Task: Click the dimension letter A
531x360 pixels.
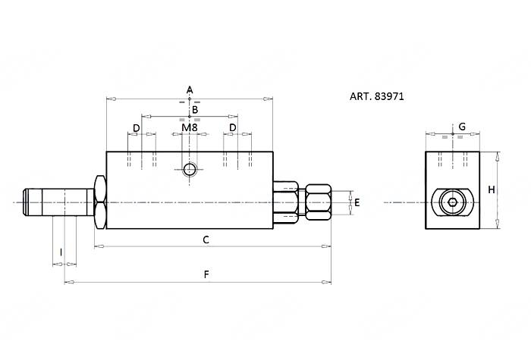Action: pyautogui.click(x=190, y=90)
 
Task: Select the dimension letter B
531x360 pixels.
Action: pyautogui.click(x=194, y=110)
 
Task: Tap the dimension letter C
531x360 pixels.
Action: pyautogui.click(x=205, y=239)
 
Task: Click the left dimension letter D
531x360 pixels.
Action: pyautogui.click(x=137, y=128)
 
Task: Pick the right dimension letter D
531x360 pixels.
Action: pyautogui.click(x=233, y=128)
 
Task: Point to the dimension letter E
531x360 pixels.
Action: pyautogui.click(x=357, y=202)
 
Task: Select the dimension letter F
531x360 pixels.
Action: pyautogui.click(x=206, y=274)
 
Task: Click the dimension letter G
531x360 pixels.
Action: pyautogui.click(x=461, y=126)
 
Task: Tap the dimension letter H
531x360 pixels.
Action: pyautogui.click(x=491, y=189)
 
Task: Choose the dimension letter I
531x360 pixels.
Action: pyautogui.click(x=61, y=252)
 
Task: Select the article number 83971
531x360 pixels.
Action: pyautogui.click(x=392, y=97)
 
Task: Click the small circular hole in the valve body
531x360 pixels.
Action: pyautogui.click(x=190, y=168)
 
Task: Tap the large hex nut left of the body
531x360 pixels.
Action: pyautogui.click(x=99, y=202)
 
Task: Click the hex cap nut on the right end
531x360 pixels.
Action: pyautogui.click(x=317, y=202)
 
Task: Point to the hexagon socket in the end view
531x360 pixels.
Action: pyautogui.click(x=452, y=202)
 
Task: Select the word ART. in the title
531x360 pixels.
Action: pyautogui.click(x=360, y=97)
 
